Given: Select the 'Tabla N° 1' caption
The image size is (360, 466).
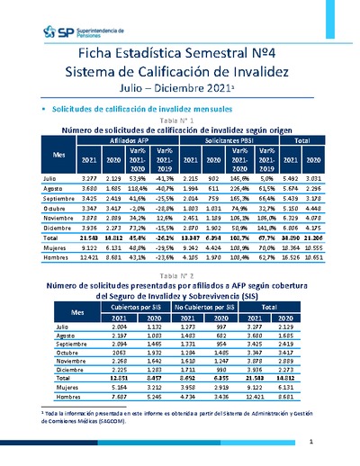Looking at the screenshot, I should point(179,120).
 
